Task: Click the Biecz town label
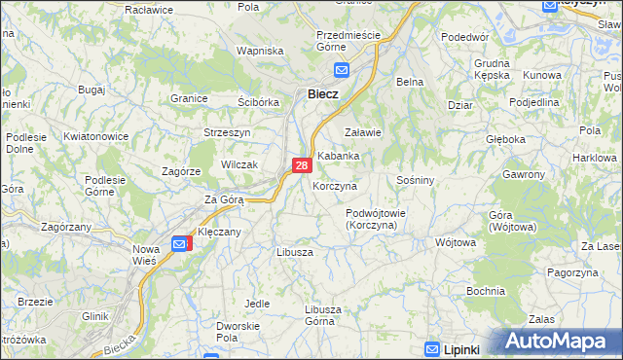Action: tap(322, 94)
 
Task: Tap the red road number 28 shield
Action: tap(302, 166)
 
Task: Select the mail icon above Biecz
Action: tap(342, 70)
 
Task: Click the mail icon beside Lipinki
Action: tap(433, 348)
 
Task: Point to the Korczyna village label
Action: tap(335, 185)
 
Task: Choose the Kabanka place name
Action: tap(339, 156)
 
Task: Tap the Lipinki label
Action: tap(465, 348)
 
